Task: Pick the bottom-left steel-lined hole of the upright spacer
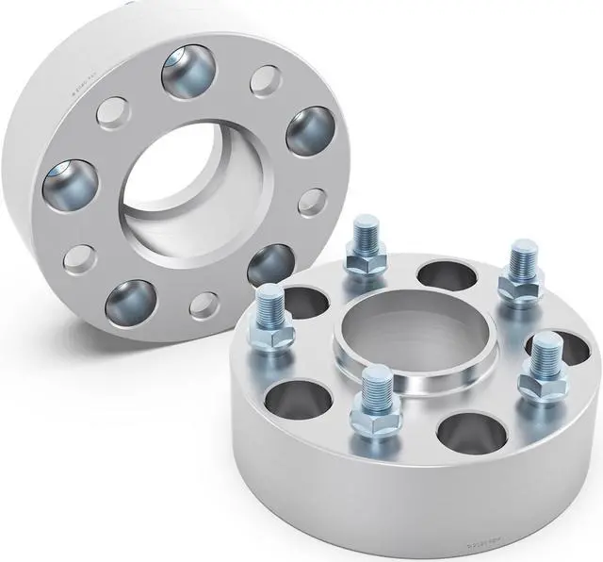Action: point(129,302)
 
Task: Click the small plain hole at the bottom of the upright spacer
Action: point(203,305)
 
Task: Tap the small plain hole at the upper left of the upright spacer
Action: point(112,114)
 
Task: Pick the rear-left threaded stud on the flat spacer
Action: point(363,243)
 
